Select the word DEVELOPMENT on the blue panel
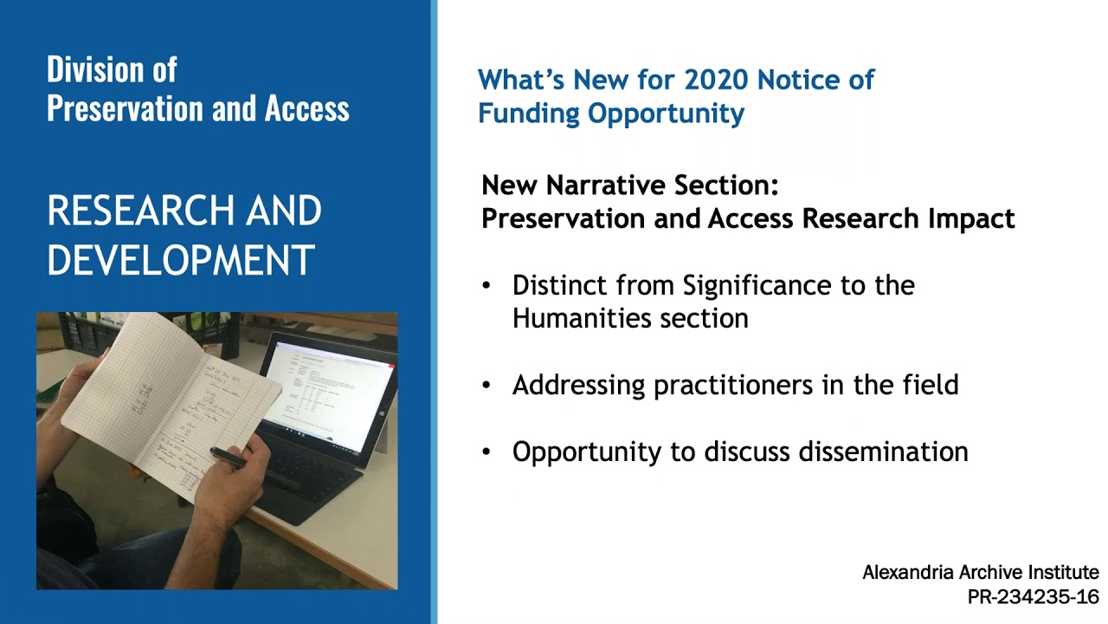point(180,260)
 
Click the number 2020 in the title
point(717,80)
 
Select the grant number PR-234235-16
point(1033,597)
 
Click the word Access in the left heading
point(307,108)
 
